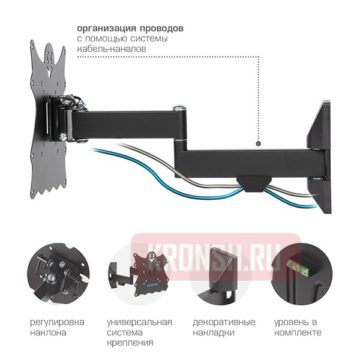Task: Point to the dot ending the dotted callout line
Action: [257, 144]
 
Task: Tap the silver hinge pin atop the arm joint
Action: [179, 109]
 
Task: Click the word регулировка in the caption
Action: [57, 322]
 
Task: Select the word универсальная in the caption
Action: [139, 322]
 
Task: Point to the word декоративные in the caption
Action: [220, 322]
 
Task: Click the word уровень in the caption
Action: [292, 322]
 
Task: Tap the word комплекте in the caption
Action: [298, 332]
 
